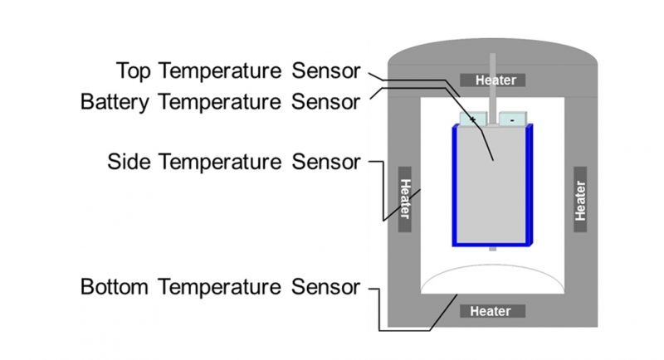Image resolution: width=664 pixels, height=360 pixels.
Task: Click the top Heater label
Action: [496, 80]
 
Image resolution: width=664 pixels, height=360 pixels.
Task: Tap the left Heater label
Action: [405, 199]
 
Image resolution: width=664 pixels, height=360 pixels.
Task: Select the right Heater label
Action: [580, 199]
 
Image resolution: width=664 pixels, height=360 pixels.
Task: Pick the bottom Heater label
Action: [491, 311]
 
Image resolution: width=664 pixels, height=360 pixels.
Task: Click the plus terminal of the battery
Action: [472, 119]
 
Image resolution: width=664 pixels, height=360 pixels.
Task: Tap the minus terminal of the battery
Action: [514, 119]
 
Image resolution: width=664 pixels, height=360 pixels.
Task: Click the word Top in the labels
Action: [135, 70]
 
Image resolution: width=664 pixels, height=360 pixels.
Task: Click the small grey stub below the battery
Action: [493, 248]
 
